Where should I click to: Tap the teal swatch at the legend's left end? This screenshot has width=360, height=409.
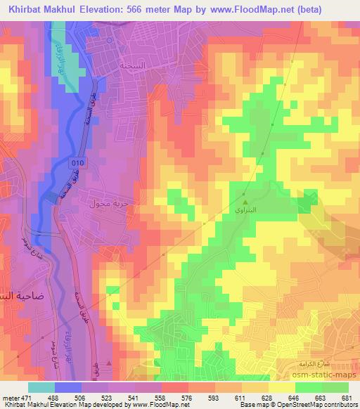click(41, 388)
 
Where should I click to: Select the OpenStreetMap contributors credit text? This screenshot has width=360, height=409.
click(319, 405)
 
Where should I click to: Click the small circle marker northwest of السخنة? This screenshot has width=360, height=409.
click(110, 40)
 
